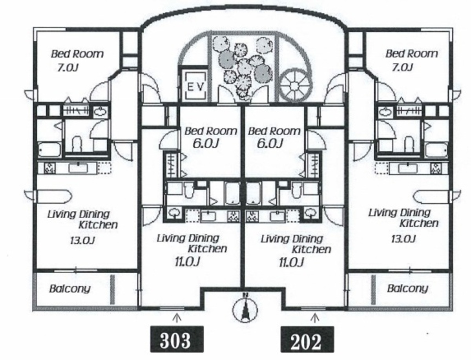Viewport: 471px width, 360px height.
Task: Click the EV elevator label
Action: [x=195, y=87]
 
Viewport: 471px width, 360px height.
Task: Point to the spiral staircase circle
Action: [x=295, y=86]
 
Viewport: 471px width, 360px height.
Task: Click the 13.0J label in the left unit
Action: [x=82, y=240]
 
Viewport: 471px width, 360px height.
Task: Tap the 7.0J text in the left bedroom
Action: [x=68, y=68]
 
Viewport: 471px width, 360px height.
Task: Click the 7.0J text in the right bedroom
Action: [x=402, y=68]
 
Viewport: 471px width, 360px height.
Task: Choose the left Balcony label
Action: [x=70, y=289]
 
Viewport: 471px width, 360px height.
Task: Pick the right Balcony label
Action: [x=408, y=288]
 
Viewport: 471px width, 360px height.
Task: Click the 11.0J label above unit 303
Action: [x=188, y=262]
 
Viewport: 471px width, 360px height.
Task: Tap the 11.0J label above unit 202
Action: [x=291, y=262]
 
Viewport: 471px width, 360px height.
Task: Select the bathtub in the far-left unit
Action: [x=49, y=150]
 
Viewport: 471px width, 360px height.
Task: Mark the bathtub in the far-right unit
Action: [x=436, y=151]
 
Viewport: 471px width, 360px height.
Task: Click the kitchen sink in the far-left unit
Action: [x=78, y=168]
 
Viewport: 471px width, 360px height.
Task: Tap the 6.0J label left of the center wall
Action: [x=205, y=143]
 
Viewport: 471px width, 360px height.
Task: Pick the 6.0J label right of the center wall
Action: [x=270, y=143]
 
